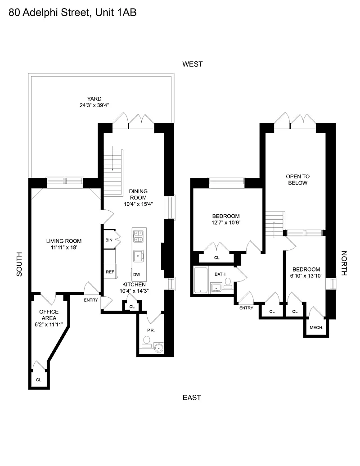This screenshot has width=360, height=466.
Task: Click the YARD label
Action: pyautogui.click(x=94, y=99)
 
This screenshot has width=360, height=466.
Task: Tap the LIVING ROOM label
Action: pyautogui.click(x=64, y=241)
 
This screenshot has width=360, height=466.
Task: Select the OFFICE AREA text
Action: pyautogui.click(x=49, y=315)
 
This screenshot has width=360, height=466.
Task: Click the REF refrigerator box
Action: pyautogui.click(x=110, y=271)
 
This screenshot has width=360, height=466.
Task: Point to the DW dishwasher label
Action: pyautogui.click(x=137, y=275)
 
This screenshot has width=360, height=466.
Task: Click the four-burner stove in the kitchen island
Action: pyautogui.click(x=139, y=236)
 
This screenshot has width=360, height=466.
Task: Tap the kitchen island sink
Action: pyautogui.click(x=139, y=256)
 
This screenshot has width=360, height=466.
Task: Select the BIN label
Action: pyautogui.click(x=109, y=240)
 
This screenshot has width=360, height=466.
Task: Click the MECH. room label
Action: pyautogui.click(x=316, y=327)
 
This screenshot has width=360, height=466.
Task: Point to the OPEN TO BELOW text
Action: pyautogui.click(x=297, y=180)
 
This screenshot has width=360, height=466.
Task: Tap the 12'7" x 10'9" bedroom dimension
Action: pyautogui.click(x=226, y=222)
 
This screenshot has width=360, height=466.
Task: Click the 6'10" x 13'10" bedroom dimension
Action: pyautogui.click(x=306, y=276)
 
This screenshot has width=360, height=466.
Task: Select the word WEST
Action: pyautogui.click(x=193, y=64)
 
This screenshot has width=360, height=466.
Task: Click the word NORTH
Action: pyautogui.click(x=344, y=263)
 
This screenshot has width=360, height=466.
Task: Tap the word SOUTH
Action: pyautogui.click(x=19, y=264)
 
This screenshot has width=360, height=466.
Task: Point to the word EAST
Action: pyautogui.click(x=192, y=398)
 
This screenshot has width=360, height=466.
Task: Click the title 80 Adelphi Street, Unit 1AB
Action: pyautogui.click(x=72, y=13)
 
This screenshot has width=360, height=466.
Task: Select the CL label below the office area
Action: pyautogui.click(x=39, y=380)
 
